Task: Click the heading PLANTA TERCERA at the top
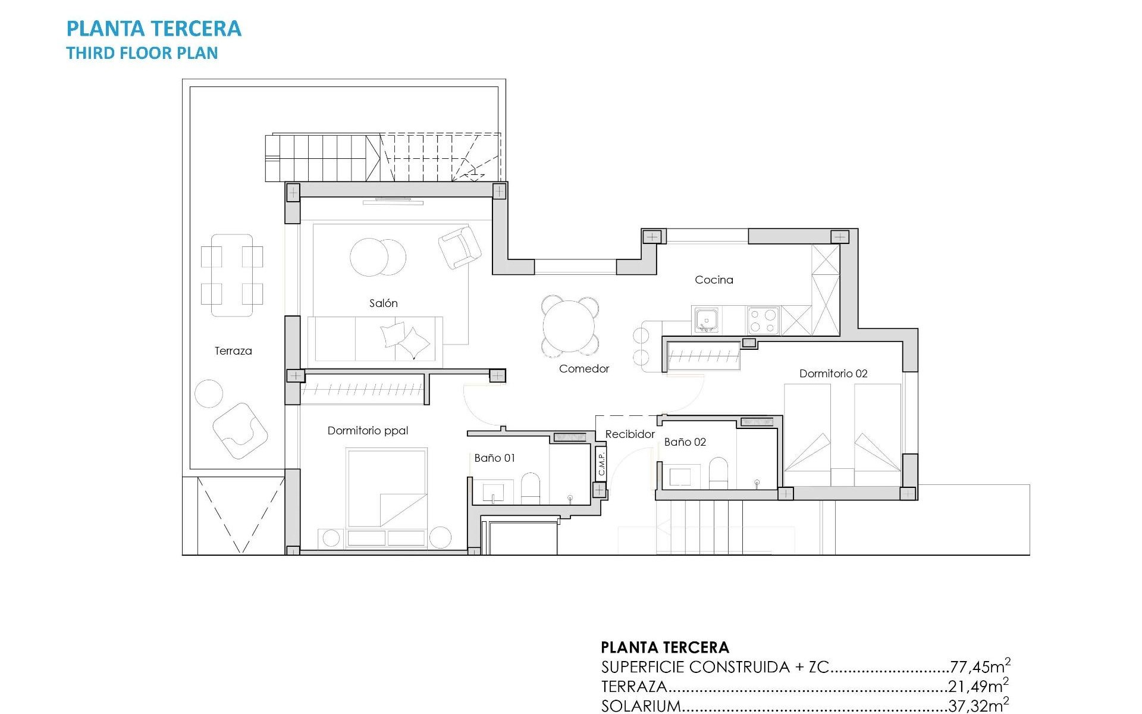click(x=153, y=29)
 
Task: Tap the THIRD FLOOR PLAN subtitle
click(x=142, y=53)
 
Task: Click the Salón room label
click(x=383, y=303)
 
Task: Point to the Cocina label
click(x=714, y=280)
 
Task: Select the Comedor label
click(x=583, y=369)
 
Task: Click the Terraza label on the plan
click(x=233, y=351)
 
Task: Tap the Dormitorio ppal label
click(x=368, y=431)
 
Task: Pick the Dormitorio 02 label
click(x=833, y=374)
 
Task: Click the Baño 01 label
click(x=494, y=458)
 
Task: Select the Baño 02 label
click(x=685, y=442)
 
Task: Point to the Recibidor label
click(x=629, y=434)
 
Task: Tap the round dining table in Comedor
click(x=569, y=326)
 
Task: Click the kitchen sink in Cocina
click(x=706, y=320)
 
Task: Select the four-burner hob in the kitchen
click(x=763, y=320)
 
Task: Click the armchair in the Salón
click(x=459, y=247)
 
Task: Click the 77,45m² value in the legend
click(x=979, y=666)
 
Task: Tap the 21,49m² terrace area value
click(x=978, y=686)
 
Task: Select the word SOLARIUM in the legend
click(x=641, y=706)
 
